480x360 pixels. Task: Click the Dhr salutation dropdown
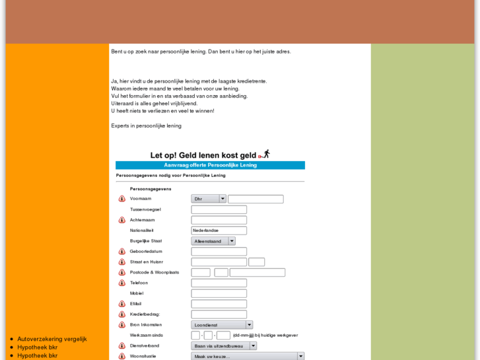click(209, 199)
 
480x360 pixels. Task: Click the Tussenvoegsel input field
click(219, 209)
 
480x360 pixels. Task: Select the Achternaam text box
click(219, 220)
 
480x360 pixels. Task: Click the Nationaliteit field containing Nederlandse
click(219, 231)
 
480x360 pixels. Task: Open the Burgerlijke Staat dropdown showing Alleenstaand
click(213, 241)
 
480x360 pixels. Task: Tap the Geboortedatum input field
click(219, 252)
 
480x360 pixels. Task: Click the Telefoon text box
click(219, 283)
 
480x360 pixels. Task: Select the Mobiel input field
click(219, 293)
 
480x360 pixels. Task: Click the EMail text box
click(219, 304)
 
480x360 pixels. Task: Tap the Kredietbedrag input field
click(219, 314)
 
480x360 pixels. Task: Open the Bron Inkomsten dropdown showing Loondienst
click(222, 325)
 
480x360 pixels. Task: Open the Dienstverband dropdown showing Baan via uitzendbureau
click(224, 345)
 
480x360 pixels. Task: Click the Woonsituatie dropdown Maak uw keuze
click(248, 356)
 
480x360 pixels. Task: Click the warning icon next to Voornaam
click(122, 199)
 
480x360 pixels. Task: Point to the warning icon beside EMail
click(122, 304)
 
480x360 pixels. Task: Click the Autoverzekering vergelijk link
click(52, 339)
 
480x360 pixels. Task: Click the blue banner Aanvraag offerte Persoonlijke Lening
click(210, 165)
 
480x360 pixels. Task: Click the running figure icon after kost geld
click(265, 154)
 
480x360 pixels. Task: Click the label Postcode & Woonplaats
click(154, 272)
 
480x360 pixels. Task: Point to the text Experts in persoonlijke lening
click(146, 126)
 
